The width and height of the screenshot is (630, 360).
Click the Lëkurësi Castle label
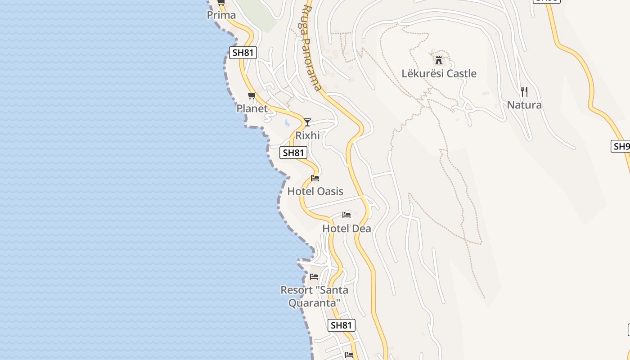point(439,73)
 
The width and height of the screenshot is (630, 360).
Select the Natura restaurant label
point(524,105)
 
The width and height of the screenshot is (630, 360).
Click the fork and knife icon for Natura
point(524,92)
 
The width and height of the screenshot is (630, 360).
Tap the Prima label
point(221,15)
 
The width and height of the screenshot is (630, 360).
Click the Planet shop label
point(252,108)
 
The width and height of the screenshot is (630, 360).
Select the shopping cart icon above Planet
point(252,95)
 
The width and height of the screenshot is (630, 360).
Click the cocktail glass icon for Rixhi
point(307,122)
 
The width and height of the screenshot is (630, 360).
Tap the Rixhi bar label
point(307,135)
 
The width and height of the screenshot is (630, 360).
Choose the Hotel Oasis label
point(315,191)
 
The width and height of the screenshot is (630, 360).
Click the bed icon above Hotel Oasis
point(315,178)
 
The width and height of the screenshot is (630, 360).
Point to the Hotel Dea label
point(346,229)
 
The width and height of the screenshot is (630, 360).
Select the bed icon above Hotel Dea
point(346,215)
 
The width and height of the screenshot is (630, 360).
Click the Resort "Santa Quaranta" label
point(314,297)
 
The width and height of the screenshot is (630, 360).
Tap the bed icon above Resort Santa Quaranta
point(314,276)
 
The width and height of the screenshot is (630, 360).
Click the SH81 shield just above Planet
point(243,53)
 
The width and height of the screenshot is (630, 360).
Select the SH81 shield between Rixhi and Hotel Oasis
point(293,153)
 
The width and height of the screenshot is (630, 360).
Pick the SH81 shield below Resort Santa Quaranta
point(342,325)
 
